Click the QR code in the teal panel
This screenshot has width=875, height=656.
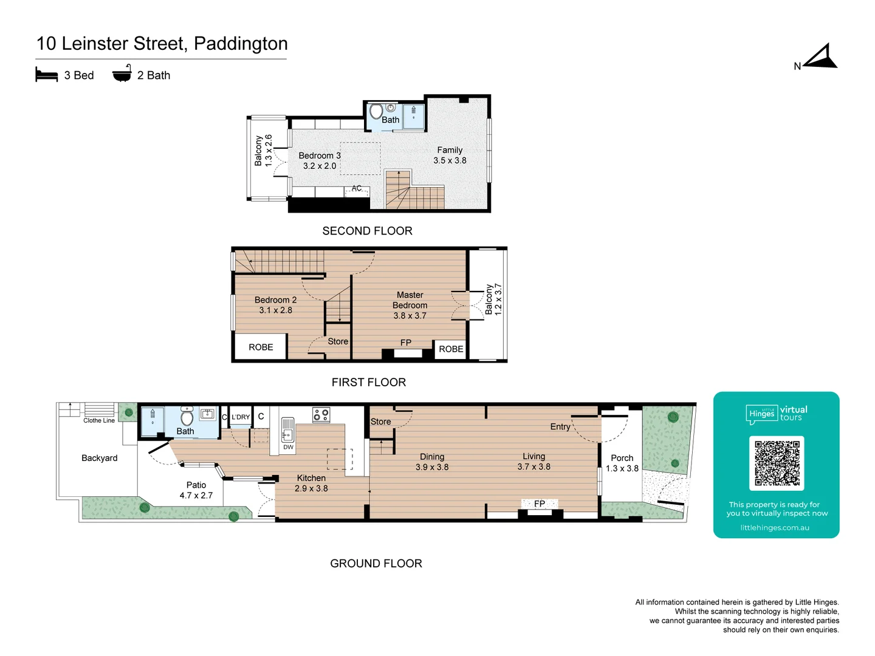tap(777, 463)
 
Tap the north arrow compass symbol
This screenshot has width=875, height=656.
tap(822, 57)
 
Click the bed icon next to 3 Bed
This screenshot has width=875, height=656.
tap(47, 75)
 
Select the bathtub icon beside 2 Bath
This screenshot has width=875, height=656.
tap(122, 73)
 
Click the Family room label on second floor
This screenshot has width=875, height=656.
tap(450, 150)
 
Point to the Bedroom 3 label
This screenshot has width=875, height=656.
tap(320, 155)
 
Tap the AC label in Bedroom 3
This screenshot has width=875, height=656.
tap(357, 188)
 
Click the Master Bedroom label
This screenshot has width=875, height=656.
tap(410, 300)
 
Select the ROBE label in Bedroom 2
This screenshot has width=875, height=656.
tap(261, 347)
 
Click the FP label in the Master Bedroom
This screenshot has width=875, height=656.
tap(406, 343)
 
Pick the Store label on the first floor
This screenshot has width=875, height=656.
tap(338, 341)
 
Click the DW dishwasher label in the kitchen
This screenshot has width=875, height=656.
tap(288, 447)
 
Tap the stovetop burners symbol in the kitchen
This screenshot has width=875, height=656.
tap(321, 415)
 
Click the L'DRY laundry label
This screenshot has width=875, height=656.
tap(241, 417)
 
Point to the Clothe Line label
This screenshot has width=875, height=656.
tap(99, 420)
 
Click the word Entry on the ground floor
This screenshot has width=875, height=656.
tap(560, 426)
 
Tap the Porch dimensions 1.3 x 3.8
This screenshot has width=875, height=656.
tap(622, 468)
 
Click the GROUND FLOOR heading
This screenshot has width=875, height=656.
tap(376, 563)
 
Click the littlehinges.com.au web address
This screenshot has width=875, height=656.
tap(775, 527)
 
